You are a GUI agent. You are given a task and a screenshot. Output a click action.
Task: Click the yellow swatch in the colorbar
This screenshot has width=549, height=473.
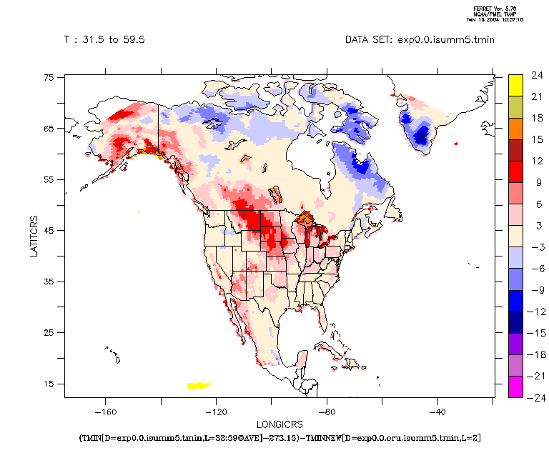pyautogui.click(x=515, y=85)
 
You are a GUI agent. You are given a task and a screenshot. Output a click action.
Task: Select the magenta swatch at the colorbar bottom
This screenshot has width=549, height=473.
pyautogui.click(x=515, y=386)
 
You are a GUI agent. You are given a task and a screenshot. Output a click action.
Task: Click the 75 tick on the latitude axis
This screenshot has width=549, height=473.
pyautogui.click(x=49, y=78)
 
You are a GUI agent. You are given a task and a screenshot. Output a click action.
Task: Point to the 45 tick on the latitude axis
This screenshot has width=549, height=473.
pyautogui.click(x=49, y=231)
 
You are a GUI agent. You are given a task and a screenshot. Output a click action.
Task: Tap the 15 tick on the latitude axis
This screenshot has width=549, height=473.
pyautogui.click(x=49, y=384)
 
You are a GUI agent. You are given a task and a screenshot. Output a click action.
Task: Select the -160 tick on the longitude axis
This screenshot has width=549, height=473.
pyautogui.click(x=105, y=412)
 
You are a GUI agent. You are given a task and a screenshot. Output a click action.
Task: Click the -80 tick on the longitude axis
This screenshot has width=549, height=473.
pyautogui.click(x=327, y=412)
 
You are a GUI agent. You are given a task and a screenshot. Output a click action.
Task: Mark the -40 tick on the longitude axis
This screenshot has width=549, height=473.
pyautogui.click(x=437, y=412)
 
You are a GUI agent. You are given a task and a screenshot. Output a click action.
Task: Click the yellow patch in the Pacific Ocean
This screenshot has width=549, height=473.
pyautogui.click(x=199, y=386)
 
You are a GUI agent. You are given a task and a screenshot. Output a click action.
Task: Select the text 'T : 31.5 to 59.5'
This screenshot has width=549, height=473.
pyautogui.click(x=104, y=40)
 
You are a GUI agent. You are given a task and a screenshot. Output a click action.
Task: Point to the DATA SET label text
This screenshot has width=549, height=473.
pyautogui.click(x=420, y=40)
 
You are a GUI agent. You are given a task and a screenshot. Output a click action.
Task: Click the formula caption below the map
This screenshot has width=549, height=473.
pyautogui.click(x=279, y=437)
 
